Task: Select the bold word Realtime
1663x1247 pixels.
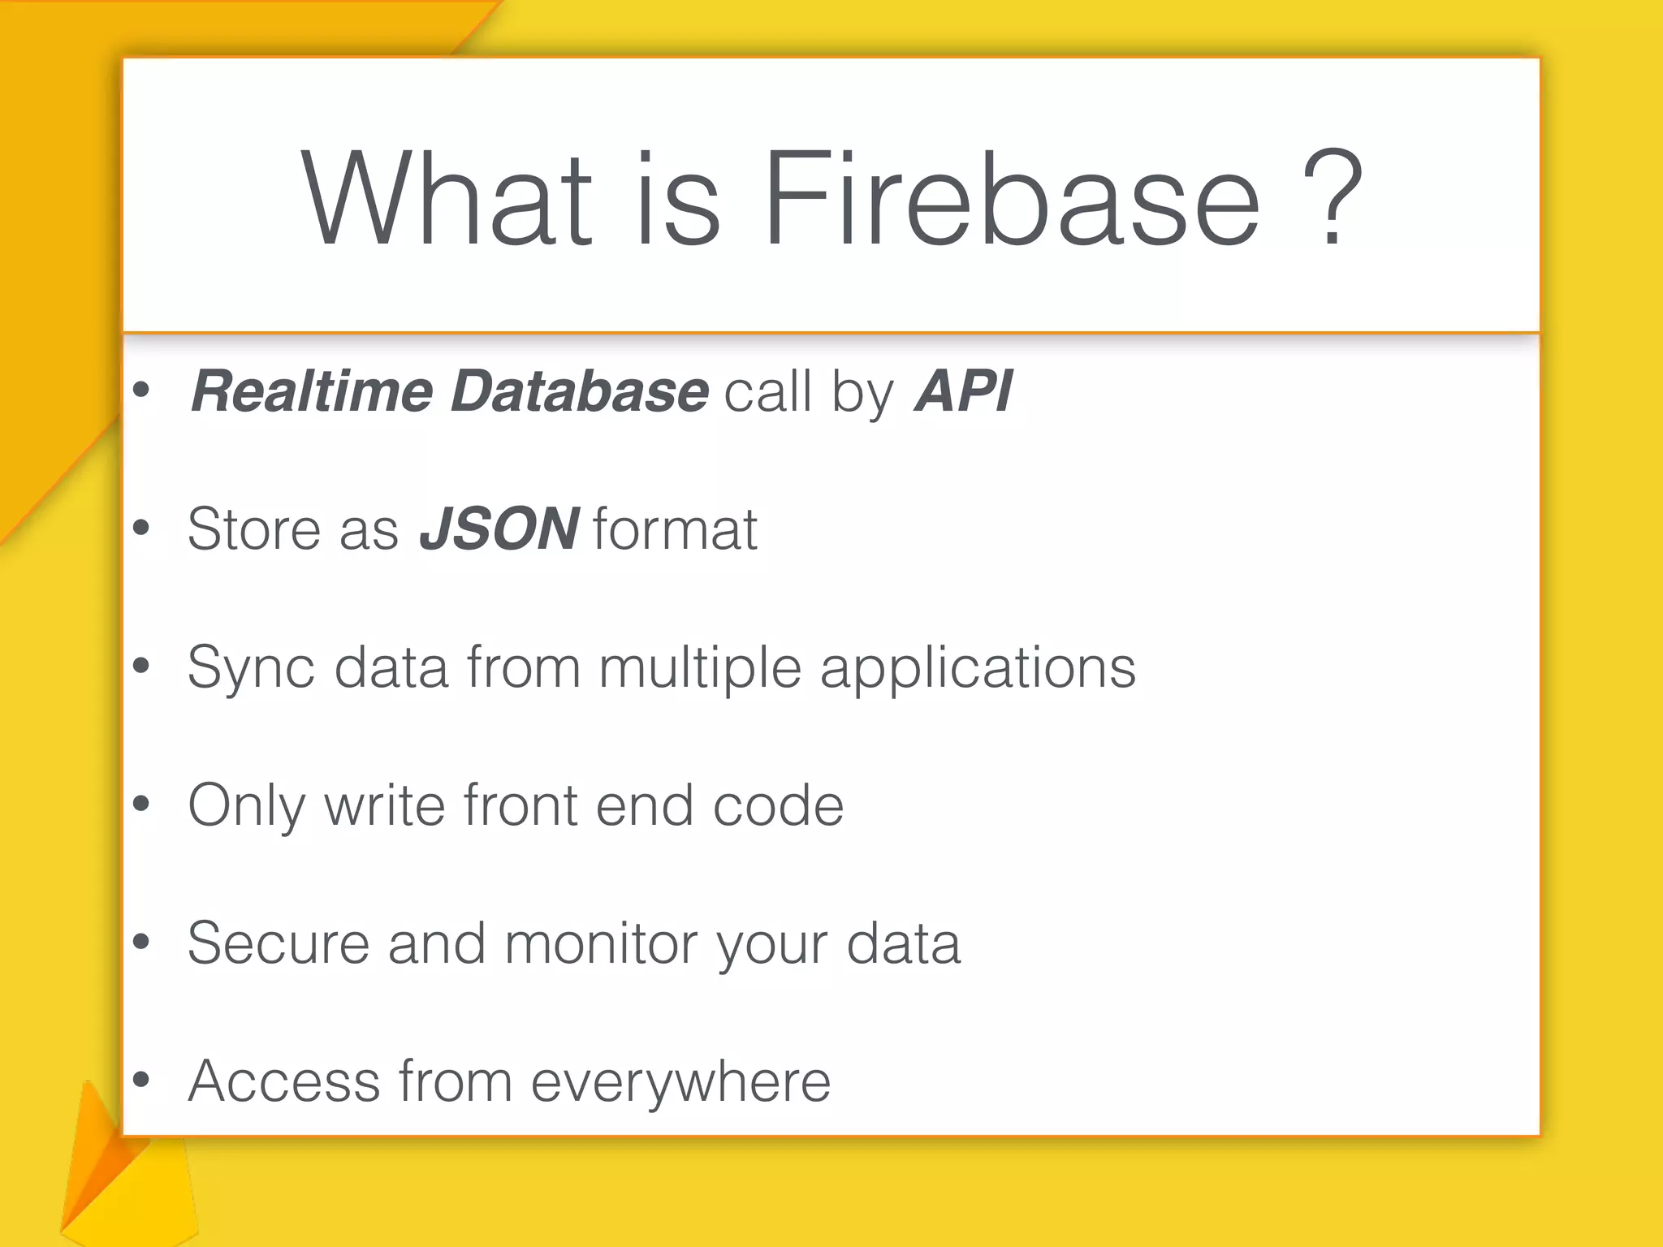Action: coord(313,391)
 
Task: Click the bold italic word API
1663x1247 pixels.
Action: coord(963,391)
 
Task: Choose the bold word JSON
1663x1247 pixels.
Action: coord(499,529)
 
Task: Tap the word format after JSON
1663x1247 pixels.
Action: coord(676,529)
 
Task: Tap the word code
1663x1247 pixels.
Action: coord(778,805)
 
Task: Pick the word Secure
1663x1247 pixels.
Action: coord(279,943)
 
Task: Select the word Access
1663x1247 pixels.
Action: coord(284,1081)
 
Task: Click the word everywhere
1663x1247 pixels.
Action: coord(680,1081)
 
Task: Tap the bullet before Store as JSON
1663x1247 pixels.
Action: coord(141,529)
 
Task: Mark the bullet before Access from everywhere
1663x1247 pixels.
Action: coord(141,1080)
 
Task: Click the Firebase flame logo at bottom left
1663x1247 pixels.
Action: coord(122,1177)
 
